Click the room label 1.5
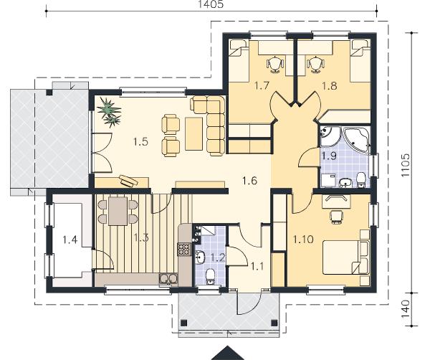pyautogui.click(x=140, y=142)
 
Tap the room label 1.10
pyautogui.click(x=303, y=240)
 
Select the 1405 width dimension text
pyautogui.click(x=211, y=4)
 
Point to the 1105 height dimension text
pyautogui.click(x=405, y=165)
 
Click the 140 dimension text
pyautogui.click(x=405, y=309)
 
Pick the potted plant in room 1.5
pyautogui.click(x=110, y=113)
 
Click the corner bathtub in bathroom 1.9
pyautogui.click(x=356, y=139)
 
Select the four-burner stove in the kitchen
pyautogui.click(x=184, y=250)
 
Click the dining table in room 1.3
pyautogui.click(x=118, y=211)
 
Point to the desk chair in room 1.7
pyautogui.click(x=275, y=65)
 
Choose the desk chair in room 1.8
pyautogui.click(x=315, y=65)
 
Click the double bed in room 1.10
pyautogui.click(x=345, y=257)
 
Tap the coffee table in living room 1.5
pyautogui.click(x=194, y=133)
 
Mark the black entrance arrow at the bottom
pyautogui.click(x=227, y=354)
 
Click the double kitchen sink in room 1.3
pyautogui.click(x=168, y=278)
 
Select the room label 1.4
pyautogui.click(x=70, y=240)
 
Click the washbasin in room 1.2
pyautogui.click(x=200, y=257)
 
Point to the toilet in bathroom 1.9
pyautogui.click(x=361, y=179)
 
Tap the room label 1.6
pyautogui.click(x=250, y=181)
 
